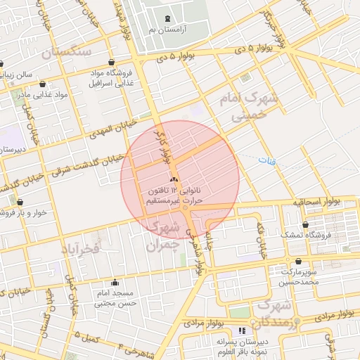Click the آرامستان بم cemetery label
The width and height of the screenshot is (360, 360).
(x=167, y=30)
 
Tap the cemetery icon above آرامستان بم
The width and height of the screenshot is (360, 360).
(x=167, y=18)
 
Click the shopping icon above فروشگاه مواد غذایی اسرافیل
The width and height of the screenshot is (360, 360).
(x=113, y=63)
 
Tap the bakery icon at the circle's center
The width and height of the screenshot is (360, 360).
(x=174, y=180)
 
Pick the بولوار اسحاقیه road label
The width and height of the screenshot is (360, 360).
(x=317, y=202)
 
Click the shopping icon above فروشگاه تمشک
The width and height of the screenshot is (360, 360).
(x=306, y=225)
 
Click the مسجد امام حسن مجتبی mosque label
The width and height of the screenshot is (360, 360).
(x=114, y=298)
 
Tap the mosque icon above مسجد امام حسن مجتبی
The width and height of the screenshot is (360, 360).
(x=115, y=283)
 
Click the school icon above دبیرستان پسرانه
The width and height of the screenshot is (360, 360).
(x=243, y=330)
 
